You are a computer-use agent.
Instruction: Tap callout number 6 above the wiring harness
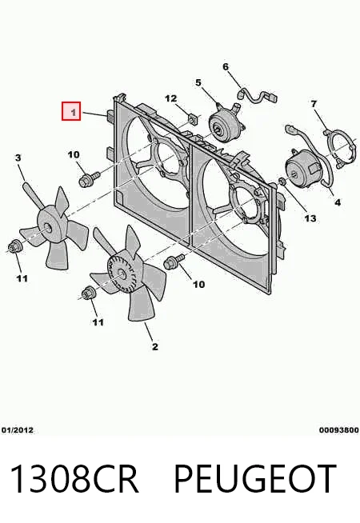pos(226,67)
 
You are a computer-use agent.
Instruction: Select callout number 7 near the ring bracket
pos(314,104)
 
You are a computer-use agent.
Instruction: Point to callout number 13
pos(310,218)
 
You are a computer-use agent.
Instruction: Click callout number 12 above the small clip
pos(171,98)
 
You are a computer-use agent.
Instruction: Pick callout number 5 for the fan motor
pos(198,82)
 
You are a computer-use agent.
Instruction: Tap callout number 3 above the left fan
pos(18,158)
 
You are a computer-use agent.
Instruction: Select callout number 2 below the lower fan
pos(155,346)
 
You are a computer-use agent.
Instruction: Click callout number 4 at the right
pos(338,202)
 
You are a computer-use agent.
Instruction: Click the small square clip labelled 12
pos(192,118)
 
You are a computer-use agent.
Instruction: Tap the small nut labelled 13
pos(282,182)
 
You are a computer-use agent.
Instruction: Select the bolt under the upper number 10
pos(89,179)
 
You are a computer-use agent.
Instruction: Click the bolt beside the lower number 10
pos(174,261)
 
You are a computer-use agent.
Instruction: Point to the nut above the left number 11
pos(15,246)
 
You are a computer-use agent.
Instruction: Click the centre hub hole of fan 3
pos(48,229)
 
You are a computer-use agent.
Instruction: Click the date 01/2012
pos(18,430)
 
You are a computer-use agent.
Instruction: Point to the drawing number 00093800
pos(339,430)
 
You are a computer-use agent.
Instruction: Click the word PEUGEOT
pos(255,479)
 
